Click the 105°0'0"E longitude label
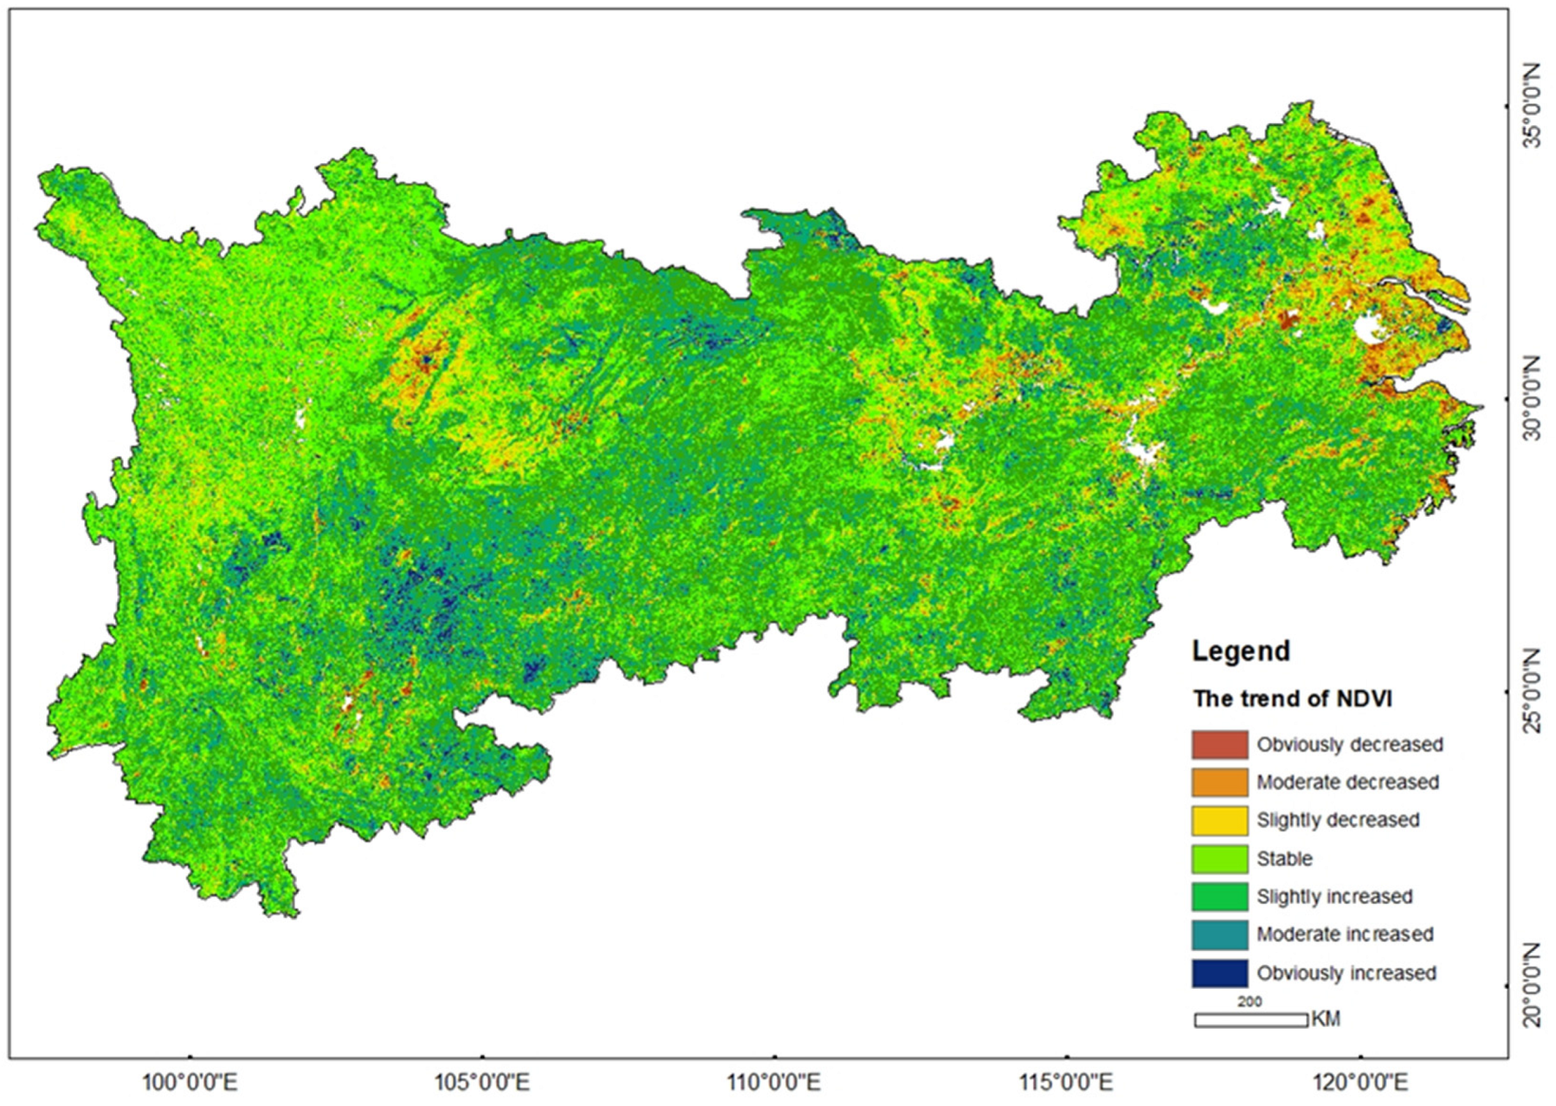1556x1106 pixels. [x=482, y=1082]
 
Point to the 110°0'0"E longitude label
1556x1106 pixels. [x=773, y=1082]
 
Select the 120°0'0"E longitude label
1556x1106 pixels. [x=1359, y=1082]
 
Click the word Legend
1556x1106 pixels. [x=1241, y=651]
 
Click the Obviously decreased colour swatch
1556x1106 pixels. [x=1220, y=744]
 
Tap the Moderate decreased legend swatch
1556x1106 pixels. [x=1220, y=783]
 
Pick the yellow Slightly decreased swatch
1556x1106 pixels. [x=1220, y=821]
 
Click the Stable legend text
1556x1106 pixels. [x=1284, y=859]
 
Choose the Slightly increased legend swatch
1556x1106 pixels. [x=1220, y=897]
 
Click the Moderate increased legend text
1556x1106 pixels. [x=1345, y=934]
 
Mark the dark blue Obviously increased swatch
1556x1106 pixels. [x=1220, y=973]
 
